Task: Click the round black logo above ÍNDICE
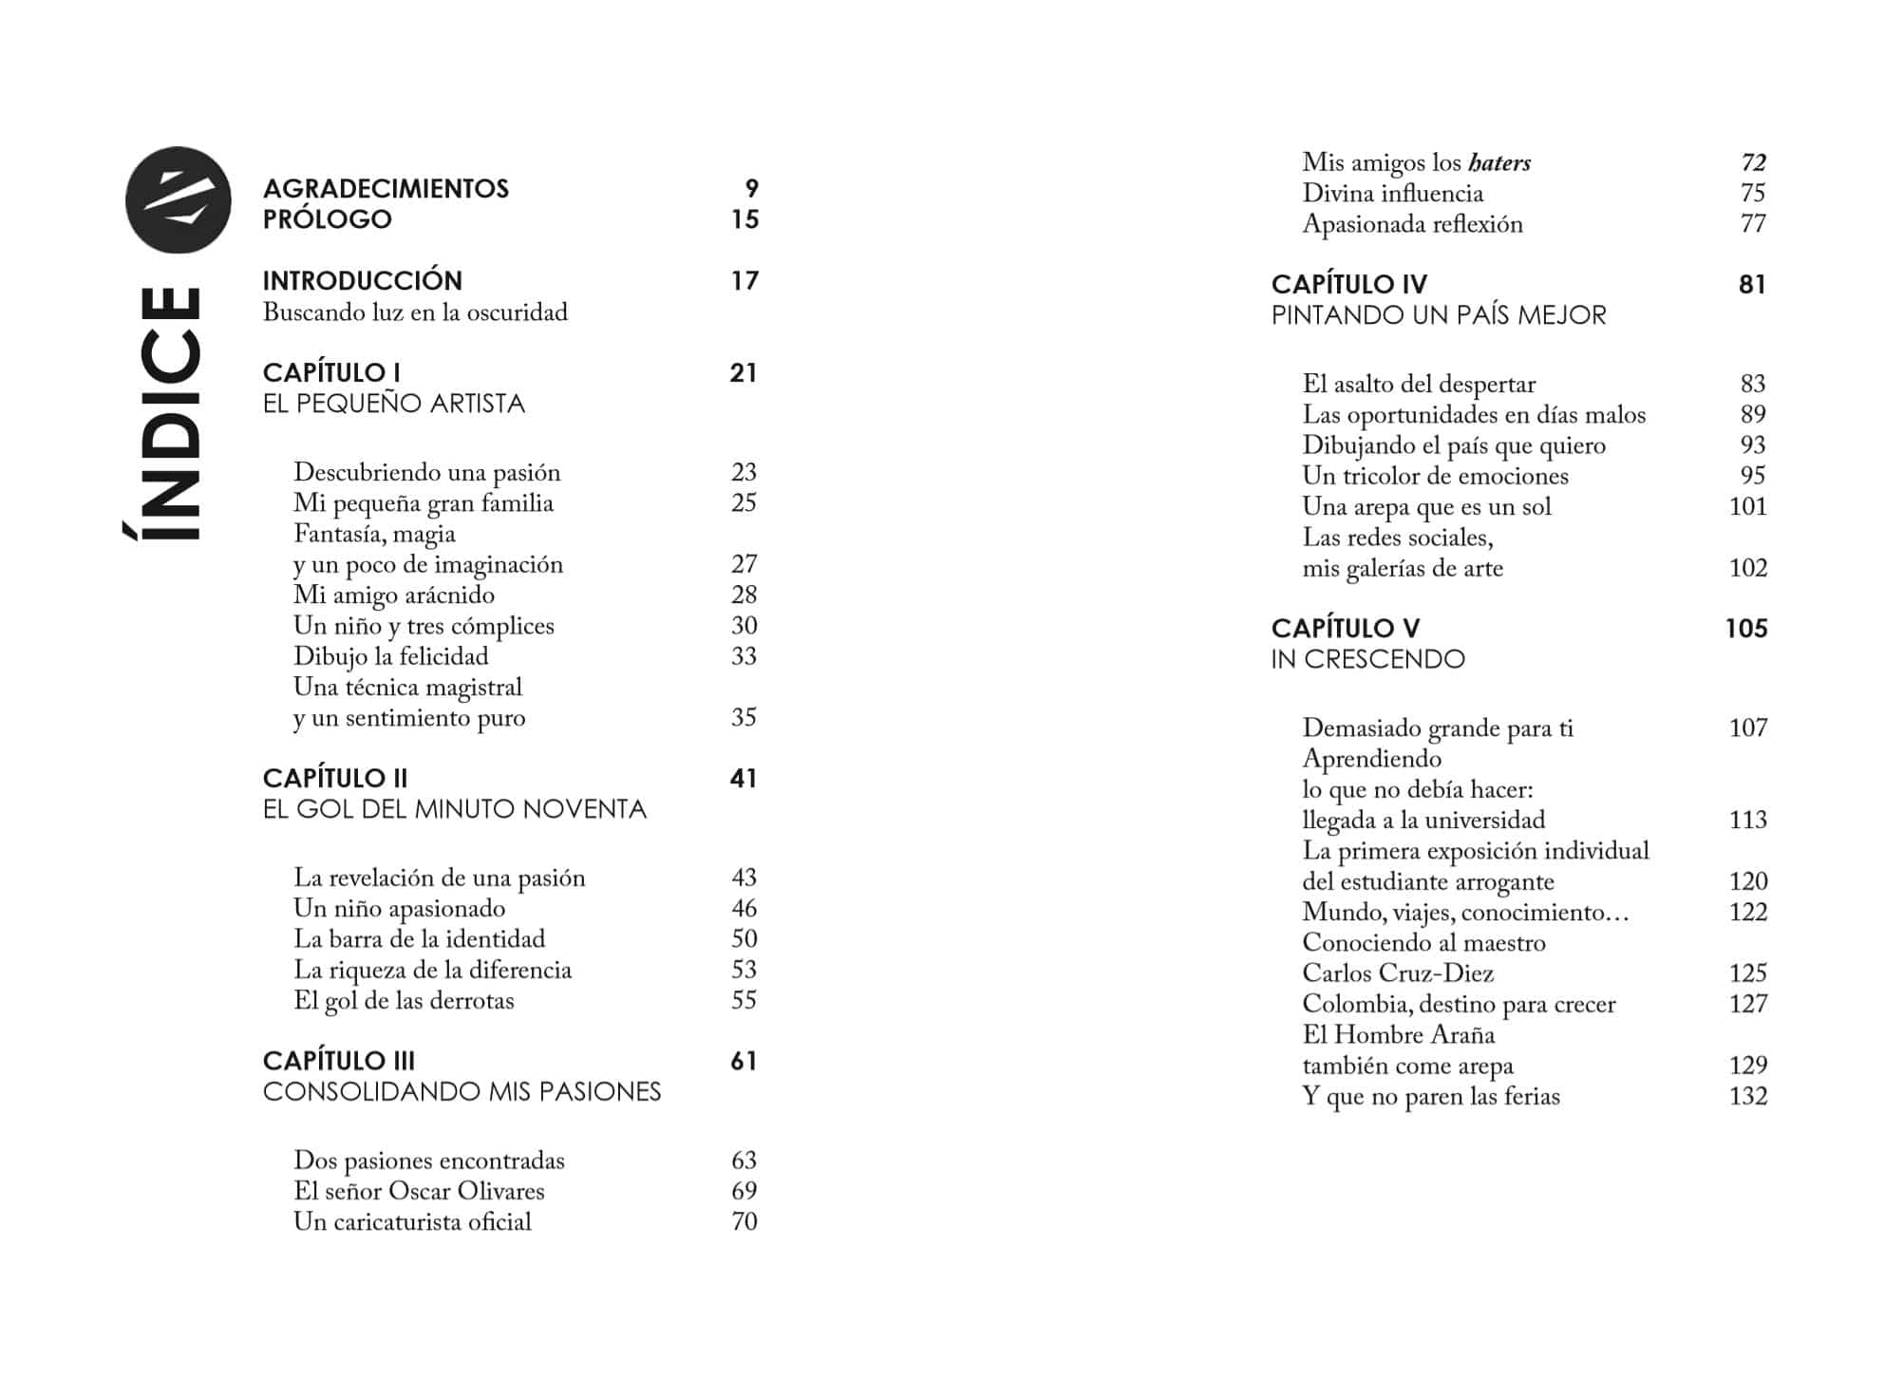click(x=178, y=199)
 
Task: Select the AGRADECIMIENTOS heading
click(x=386, y=188)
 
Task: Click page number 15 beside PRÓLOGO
click(x=745, y=219)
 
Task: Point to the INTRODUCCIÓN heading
click(x=362, y=280)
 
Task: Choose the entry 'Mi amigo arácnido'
click(x=393, y=595)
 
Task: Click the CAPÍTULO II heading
click(x=334, y=778)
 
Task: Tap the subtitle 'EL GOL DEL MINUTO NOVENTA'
click(x=454, y=809)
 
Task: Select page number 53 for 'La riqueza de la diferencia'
click(x=744, y=970)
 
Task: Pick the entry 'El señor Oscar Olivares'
click(x=419, y=1191)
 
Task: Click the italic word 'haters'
click(x=1499, y=163)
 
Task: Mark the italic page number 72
click(x=1753, y=163)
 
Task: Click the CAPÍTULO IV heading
click(x=1348, y=284)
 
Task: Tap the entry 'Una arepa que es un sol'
click(x=1426, y=506)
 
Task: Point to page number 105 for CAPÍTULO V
click(x=1745, y=629)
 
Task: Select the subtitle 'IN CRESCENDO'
click(x=1367, y=659)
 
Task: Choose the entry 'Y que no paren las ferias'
click(x=1430, y=1097)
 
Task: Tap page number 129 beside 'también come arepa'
click(x=1747, y=1066)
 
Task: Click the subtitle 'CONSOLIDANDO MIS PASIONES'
click(x=462, y=1092)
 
